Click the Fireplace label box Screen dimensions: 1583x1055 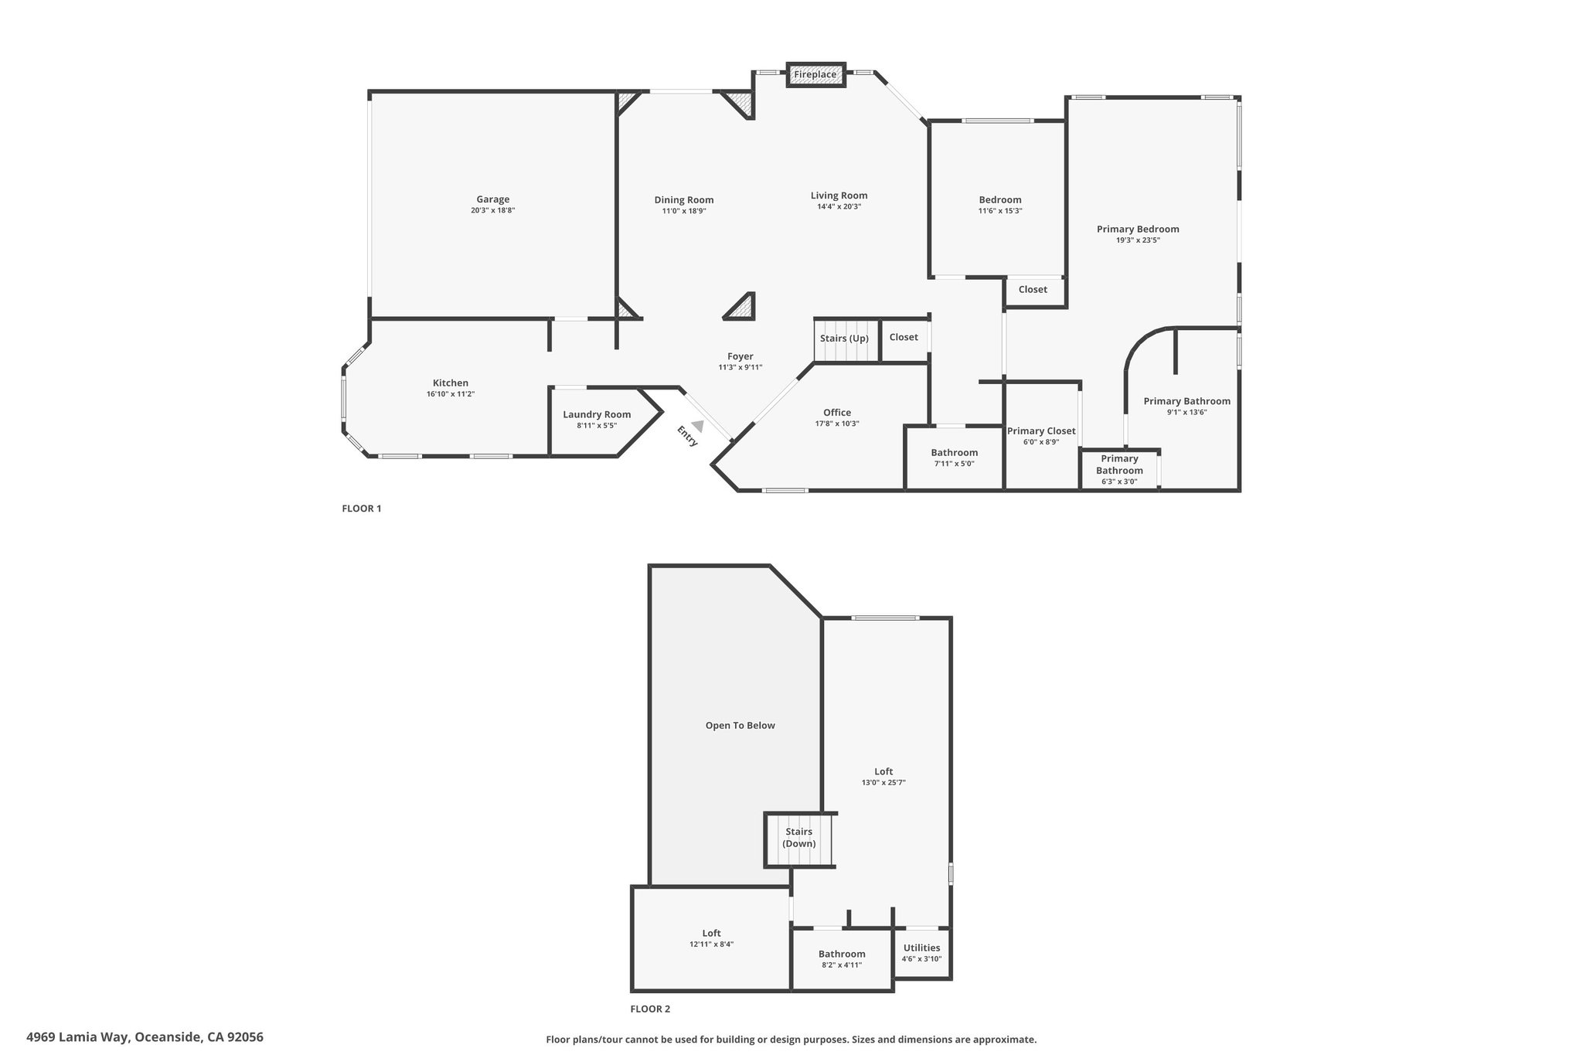[815, 75]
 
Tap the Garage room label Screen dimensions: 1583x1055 [493, 199]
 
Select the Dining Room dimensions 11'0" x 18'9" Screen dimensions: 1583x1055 [684, 211]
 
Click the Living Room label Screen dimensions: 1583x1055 [839, 196]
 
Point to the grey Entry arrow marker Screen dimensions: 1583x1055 [698, 426]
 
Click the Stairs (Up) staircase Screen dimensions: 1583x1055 [847, 341]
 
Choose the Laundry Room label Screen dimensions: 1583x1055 [597, 414]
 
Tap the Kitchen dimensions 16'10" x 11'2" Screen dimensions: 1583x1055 [451, 394]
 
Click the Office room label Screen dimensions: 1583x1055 [837, 413]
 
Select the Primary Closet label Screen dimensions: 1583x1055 [1041, 431]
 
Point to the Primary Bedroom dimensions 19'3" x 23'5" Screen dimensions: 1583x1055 [1138, 240]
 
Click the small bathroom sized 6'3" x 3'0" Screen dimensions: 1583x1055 [1119, 469]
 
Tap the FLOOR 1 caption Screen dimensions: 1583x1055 [362, 509]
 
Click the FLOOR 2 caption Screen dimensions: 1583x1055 [650, 1009]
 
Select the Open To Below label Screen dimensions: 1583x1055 [740, 726]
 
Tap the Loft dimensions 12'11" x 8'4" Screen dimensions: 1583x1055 [712, 944]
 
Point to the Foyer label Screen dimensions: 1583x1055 [740, 356]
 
